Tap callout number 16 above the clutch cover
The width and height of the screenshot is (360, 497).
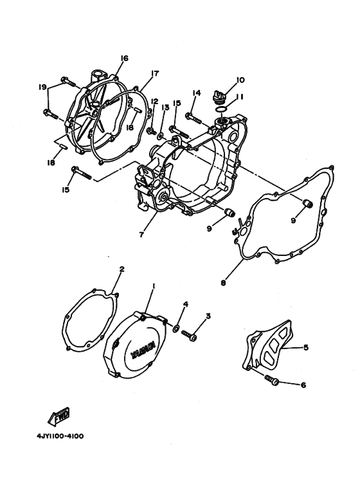click(124, 59)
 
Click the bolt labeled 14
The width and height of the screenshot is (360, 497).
click(191, 118)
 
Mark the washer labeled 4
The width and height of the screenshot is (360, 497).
click(175, 329)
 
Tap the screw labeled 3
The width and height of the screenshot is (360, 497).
click(190, 335)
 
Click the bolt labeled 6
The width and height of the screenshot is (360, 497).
click(271, 382)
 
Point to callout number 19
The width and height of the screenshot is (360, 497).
click(42, 86)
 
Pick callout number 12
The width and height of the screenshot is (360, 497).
click(154, 102)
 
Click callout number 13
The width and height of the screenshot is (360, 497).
click(165, 107)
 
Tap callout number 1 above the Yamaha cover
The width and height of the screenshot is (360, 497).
click(153, 285)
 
